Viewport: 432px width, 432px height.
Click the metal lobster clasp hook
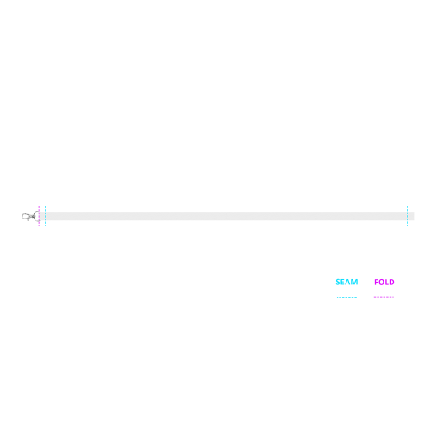[x=28, y=217]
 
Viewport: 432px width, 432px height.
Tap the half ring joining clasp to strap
[x=35, y=216]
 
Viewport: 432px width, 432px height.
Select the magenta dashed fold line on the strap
[x=39, y=216]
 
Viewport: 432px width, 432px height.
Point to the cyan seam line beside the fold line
[x=45, y=216]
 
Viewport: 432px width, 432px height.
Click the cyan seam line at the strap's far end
[x=407, y=216]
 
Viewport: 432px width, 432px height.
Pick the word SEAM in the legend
[x=346, y=282]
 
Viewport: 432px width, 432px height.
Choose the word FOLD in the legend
[x=384, y=282]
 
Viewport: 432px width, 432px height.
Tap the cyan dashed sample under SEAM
[x=346, y=297]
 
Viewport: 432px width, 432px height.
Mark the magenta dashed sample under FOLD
[x=384, y=297]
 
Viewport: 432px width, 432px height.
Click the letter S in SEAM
[x=338, y=282]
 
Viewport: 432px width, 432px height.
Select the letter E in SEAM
[x=343, y=282]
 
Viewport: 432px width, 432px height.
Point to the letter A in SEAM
[x=348, y=282]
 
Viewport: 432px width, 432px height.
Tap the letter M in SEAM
[x=354, y=282]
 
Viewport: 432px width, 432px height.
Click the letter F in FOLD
[x=376, y=282]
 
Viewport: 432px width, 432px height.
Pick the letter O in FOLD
[x=381, y=282]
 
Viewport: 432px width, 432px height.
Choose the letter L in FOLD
[x=386, y=282]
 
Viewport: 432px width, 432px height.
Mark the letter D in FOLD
[x=391, y=282]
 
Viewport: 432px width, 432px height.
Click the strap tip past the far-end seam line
[x=411, y=216]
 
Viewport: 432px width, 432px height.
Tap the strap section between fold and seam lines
[x=42, y=216]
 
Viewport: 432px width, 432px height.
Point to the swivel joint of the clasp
[x=34, y=216]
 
